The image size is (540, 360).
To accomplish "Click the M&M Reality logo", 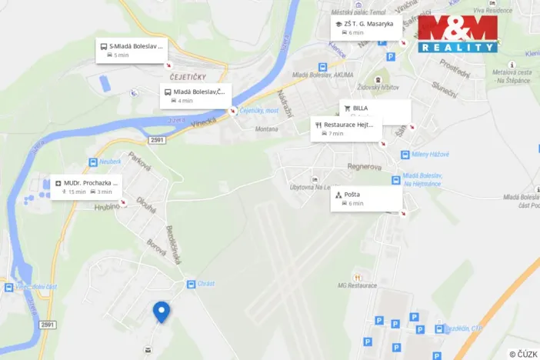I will [458, 35].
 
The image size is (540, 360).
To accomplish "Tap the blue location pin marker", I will [162, 312].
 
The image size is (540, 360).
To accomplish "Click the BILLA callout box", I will [375, 111].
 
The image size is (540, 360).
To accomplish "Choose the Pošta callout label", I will [366, 198].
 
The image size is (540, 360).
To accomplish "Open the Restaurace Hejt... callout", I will [347, 128].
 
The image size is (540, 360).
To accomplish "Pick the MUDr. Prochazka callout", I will [87, 187].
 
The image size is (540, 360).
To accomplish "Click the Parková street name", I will [138, 162].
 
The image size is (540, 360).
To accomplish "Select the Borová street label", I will [156, 247].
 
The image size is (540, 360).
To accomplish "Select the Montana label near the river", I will [267, 129].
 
